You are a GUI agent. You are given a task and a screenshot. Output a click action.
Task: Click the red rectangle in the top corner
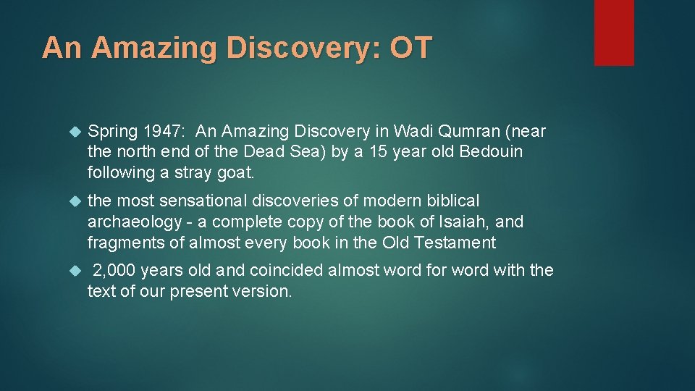point(614,33)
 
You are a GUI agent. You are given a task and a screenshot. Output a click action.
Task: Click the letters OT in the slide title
point(410,48)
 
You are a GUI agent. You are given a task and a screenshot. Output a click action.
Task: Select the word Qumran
point(454,131)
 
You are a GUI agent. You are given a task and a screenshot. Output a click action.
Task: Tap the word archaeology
point(133,221)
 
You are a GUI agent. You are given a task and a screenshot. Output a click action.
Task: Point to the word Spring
point(112,131)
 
